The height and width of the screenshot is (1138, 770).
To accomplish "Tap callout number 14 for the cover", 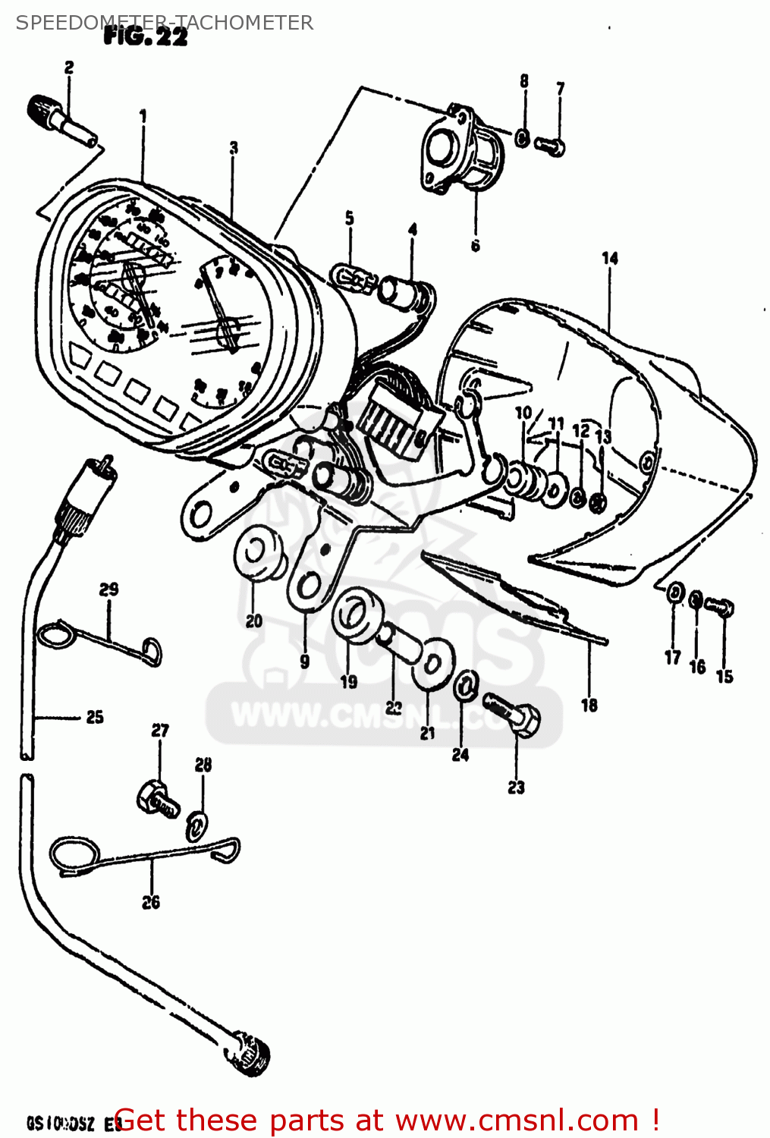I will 610,258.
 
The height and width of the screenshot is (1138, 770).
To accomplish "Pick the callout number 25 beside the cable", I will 94,717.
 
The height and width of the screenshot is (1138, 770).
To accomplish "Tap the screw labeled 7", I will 550,143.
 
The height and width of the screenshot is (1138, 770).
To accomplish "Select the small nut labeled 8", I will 523,138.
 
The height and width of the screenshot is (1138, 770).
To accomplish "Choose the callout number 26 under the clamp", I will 151,902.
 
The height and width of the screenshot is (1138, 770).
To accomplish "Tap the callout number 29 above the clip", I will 108,589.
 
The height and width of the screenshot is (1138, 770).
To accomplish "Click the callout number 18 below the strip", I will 589,705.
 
